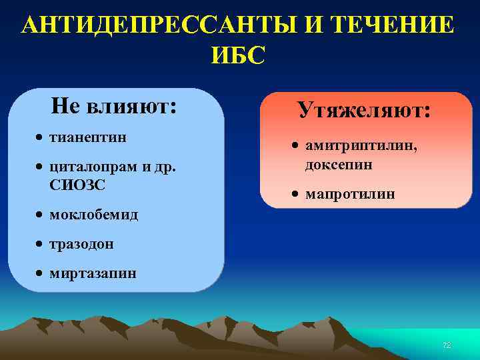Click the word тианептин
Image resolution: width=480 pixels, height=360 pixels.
(x=88, y=137)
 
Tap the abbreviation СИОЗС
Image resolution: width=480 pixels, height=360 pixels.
(x=77, y=185)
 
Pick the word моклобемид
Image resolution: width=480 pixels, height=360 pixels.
(x=94, y=215)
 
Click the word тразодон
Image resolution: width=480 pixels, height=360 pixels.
(x=81, y=244)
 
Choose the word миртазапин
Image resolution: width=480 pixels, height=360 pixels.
(x=93, y=273)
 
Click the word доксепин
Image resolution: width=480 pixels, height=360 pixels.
(x=339, y=164)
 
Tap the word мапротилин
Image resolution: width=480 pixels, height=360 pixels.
(x=350, y=194)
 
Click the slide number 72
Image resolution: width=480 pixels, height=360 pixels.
(x=447, y=345)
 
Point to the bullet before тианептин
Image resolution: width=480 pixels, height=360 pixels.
(x=41, y=138)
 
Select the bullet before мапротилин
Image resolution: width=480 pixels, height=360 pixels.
(x=296, y=195)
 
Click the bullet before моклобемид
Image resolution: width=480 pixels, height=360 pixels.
(x=41, y=215)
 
